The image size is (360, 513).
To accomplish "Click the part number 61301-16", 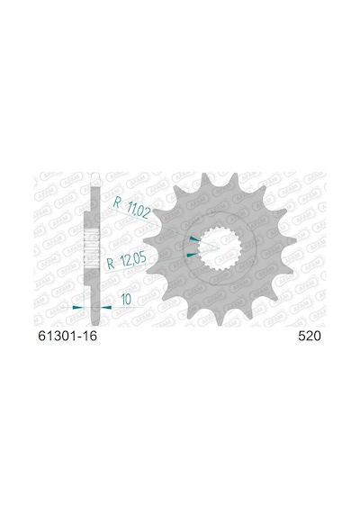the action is (x=67, y=337).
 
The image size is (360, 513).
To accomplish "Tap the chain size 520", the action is (x=310, y=337).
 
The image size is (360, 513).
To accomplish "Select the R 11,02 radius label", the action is (x=131, y=207).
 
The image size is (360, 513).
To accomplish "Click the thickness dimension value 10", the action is (x=126, y=299).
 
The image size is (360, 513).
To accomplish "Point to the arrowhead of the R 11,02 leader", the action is (x=194, y=238).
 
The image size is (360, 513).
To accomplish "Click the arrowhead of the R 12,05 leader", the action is (x=192, y=254).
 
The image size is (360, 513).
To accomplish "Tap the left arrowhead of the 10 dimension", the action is (x=78, y=307).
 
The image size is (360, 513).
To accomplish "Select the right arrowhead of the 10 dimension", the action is (x=106, y=308).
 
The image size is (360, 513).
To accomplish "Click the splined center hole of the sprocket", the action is (x=220, y=249).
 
